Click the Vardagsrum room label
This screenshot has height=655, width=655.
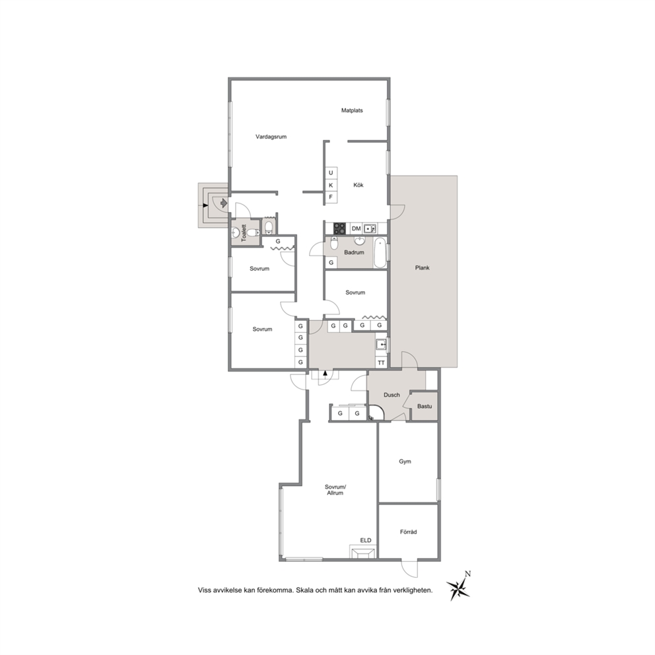[271, 137]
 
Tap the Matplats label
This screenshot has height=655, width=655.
[352, 111]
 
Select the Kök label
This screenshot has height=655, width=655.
[359, 185]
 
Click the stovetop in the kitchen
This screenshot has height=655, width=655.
[339, 228]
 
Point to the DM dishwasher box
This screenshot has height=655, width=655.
[357, 228]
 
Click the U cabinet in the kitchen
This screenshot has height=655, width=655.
[331, 173]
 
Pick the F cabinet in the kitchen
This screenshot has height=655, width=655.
[331, 197]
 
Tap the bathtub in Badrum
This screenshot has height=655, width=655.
[380, 253]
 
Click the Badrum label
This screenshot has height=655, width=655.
[354, 252]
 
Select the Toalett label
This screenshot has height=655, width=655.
[244, 233]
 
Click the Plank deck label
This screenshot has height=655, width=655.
[423, 268]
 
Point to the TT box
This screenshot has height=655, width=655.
[382, 363]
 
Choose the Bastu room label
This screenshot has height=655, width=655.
[425, 406]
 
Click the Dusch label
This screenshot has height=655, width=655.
[392, 395]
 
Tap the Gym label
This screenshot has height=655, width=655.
[405, 462]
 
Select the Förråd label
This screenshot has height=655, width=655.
[409, 532]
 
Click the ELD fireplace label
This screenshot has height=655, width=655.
[366, 541]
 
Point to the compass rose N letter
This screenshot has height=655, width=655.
[468, 574]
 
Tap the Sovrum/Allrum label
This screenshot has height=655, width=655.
[335, 490]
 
